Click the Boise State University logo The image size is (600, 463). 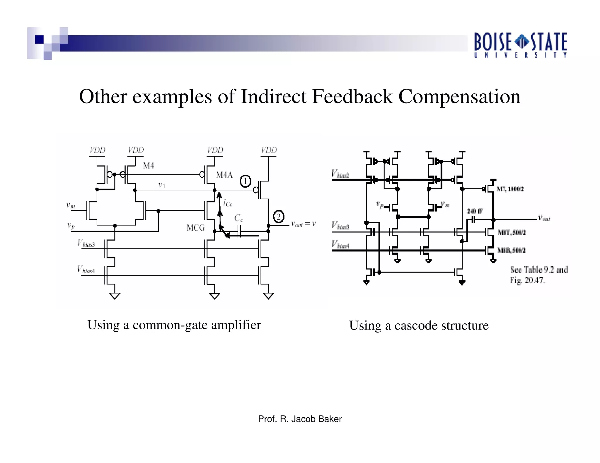pos(520,45)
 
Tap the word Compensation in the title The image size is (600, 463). pos(459,97)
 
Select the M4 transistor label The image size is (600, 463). pos(149,166)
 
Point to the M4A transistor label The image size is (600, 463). pos(224,175)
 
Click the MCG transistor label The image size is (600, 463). pos(195,228)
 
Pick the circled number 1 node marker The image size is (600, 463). pos(246,181)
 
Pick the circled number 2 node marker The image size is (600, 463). pos(278,217)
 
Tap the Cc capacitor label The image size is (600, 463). pos(238,218)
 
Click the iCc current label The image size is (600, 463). pos(228,203)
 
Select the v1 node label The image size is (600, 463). pos(162,185)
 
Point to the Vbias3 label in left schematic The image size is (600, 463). pos(86,243)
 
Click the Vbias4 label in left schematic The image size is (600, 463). pos(86,270)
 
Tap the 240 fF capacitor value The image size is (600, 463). pos(475,211)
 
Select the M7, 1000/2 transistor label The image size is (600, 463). pos(510,189)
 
